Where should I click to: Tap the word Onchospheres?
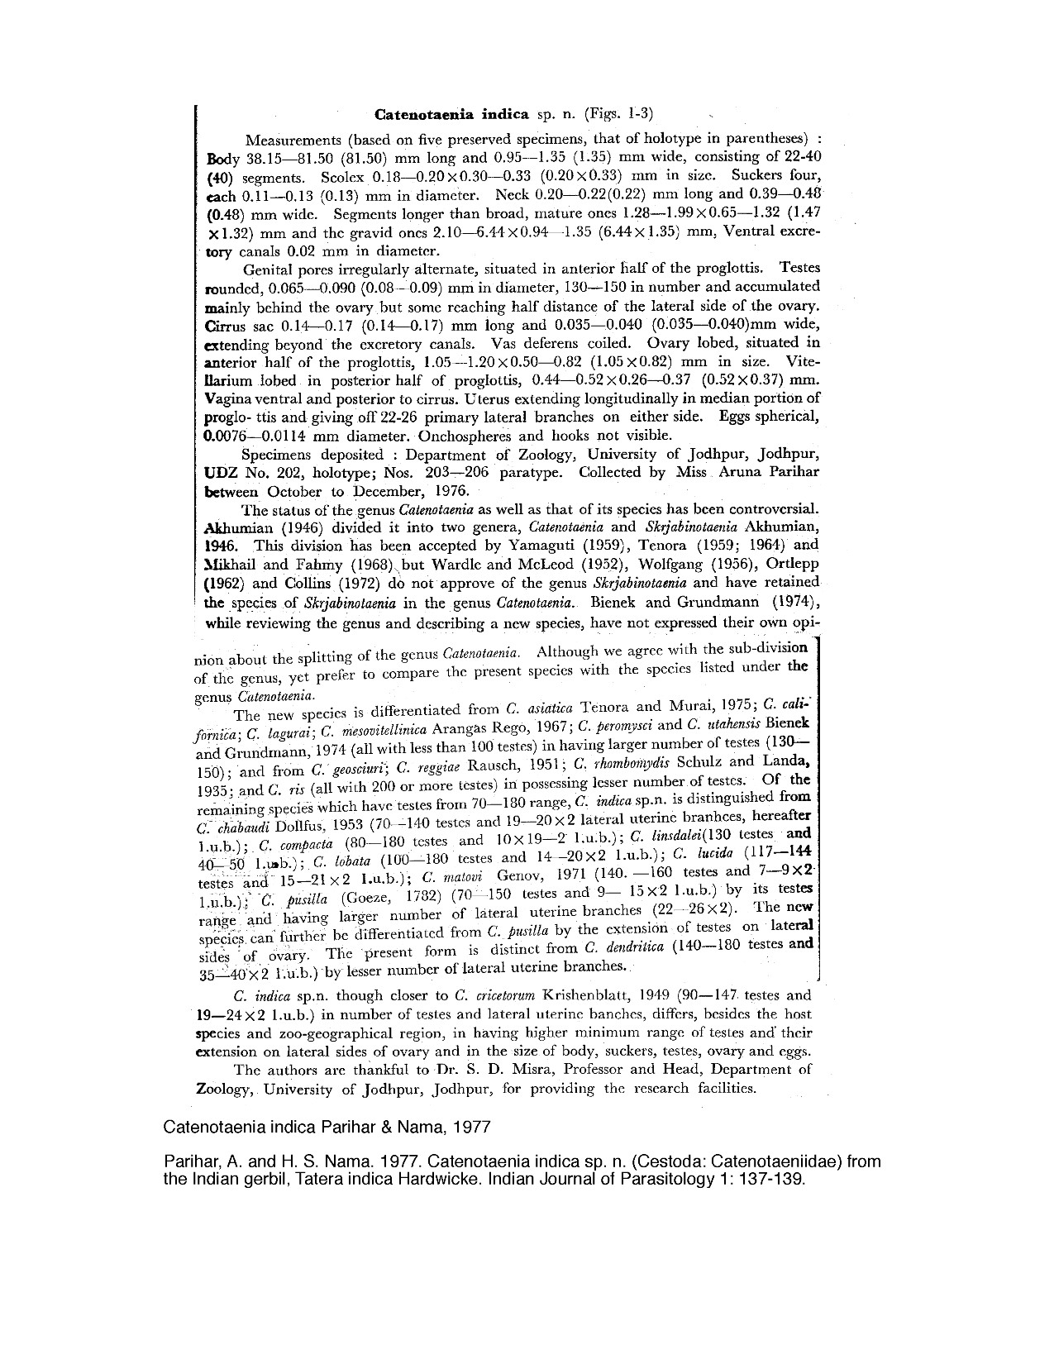(x=468, y=436)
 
